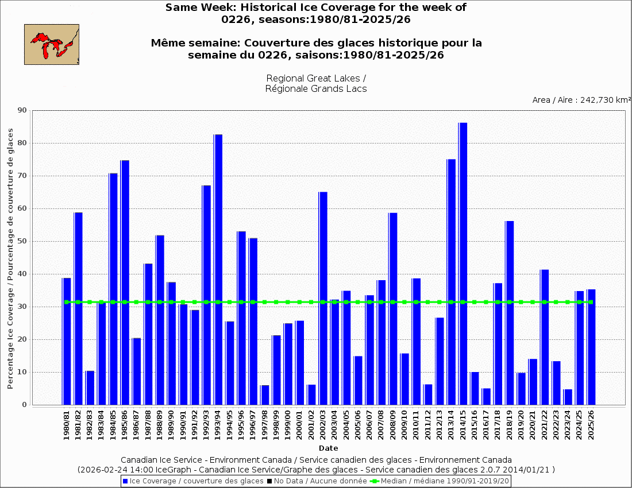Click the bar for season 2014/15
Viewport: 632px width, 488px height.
coord(463,264)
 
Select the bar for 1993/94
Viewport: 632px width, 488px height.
coord(218,269)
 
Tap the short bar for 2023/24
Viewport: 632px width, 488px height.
coord(568,397)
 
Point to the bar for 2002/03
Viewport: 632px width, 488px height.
coord(323,298)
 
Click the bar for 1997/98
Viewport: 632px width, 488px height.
coord(264,395)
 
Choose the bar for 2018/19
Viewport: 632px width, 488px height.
coord(509,313)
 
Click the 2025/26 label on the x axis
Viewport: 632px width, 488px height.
coord(591,425)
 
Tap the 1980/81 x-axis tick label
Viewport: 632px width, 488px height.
coord(67,425)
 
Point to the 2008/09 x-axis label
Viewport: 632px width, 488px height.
coord(393,425)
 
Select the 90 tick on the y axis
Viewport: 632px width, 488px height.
coord(22,110)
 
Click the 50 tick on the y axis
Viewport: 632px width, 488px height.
coord(22,241)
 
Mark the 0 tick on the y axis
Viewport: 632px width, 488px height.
coord(25,405)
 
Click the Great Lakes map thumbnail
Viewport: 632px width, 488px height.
coord(52,44)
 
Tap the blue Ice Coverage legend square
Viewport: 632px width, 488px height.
coord(125,481)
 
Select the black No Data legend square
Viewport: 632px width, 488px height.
coord(269,481)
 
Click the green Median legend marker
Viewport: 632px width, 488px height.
coord(375,481)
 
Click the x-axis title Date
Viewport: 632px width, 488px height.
coord(329,448)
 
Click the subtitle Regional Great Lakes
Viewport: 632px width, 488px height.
coord(316,78)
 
